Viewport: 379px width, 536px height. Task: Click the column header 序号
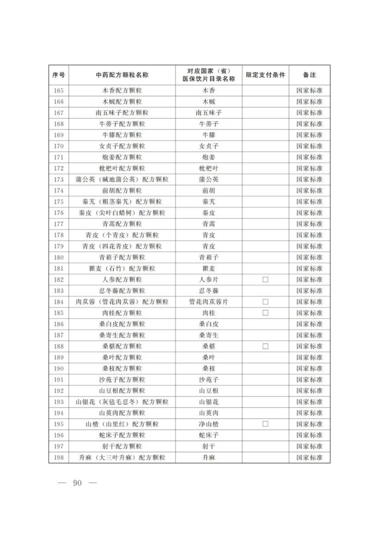[58, 75]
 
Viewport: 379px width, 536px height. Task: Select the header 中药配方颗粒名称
[122, 75]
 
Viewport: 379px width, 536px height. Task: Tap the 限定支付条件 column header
[265, 75]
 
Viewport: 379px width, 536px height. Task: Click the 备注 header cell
[310, 75]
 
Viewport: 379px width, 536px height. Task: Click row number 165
[58, 91]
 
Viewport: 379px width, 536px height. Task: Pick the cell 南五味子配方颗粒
[122, 113]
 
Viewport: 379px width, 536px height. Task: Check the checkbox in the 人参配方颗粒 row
[265, 279]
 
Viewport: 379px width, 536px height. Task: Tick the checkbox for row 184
[265, 302]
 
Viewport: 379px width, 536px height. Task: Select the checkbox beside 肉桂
[265, 313]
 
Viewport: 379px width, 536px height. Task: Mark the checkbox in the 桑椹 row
[265, 346]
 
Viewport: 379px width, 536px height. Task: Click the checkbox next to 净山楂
[265, 424]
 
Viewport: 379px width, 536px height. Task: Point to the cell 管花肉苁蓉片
[208, 302]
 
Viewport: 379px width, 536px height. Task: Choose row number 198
[58, 457]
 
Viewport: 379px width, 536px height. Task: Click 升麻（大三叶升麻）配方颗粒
[122, 457]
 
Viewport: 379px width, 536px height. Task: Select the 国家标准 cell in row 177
[310, 224]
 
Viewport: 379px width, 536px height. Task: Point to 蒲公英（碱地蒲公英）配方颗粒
[122, 179]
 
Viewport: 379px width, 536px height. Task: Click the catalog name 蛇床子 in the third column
[208, 435]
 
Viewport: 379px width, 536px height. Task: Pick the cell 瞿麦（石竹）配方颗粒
[122, 268]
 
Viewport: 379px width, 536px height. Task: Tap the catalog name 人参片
[208, 279]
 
